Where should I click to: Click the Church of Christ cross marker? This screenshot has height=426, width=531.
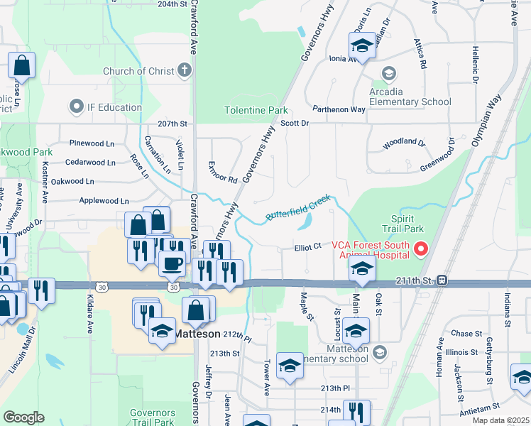185,70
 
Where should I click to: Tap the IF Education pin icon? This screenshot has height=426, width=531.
77,107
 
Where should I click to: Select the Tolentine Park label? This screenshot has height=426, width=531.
256,111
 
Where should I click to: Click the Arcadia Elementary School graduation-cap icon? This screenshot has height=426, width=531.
388,73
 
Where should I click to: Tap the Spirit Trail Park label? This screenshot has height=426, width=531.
407,224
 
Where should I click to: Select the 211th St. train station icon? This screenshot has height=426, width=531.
442,280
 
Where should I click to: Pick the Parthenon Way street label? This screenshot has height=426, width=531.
339,109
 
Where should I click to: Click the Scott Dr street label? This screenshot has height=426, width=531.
295,123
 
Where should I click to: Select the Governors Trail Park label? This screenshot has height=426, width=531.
152,417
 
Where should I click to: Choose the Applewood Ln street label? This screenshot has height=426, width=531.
104,201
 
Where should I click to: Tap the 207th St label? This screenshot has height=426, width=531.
173,124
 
